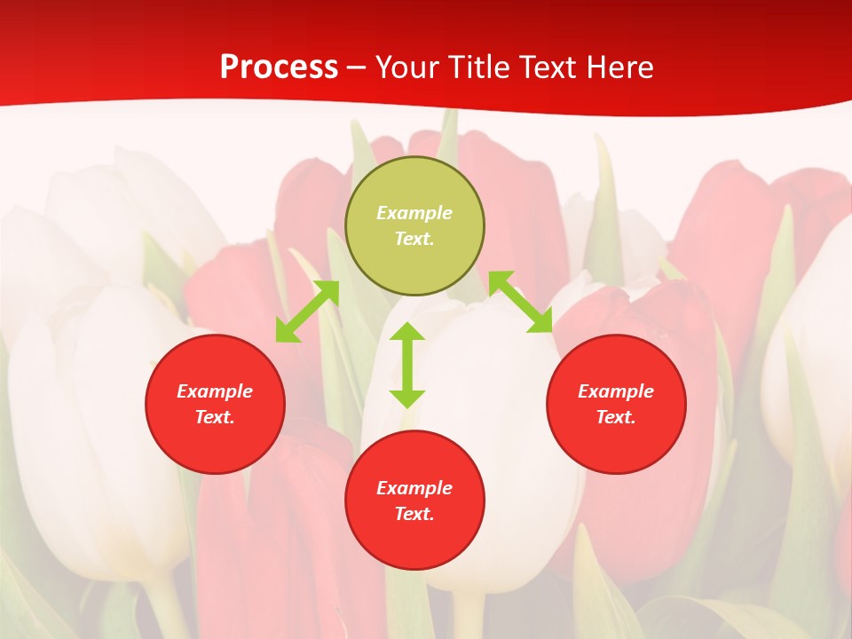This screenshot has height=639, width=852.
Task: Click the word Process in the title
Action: pos(279,67)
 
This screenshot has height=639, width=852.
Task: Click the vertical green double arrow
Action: pos(407,365)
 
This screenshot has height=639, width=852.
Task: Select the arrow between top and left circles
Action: pos(307,312)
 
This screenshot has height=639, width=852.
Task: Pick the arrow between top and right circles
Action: pos(521,302)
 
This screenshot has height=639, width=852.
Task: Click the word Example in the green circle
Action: pos(414,213)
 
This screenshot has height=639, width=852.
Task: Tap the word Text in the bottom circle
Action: pos(414,514)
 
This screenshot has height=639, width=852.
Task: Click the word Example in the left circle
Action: pos(215,391)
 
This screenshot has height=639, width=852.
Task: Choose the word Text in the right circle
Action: pos(616,417)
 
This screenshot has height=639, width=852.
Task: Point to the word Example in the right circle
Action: pos(616,391)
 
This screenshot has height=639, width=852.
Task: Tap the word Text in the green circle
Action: pos(414,239)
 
